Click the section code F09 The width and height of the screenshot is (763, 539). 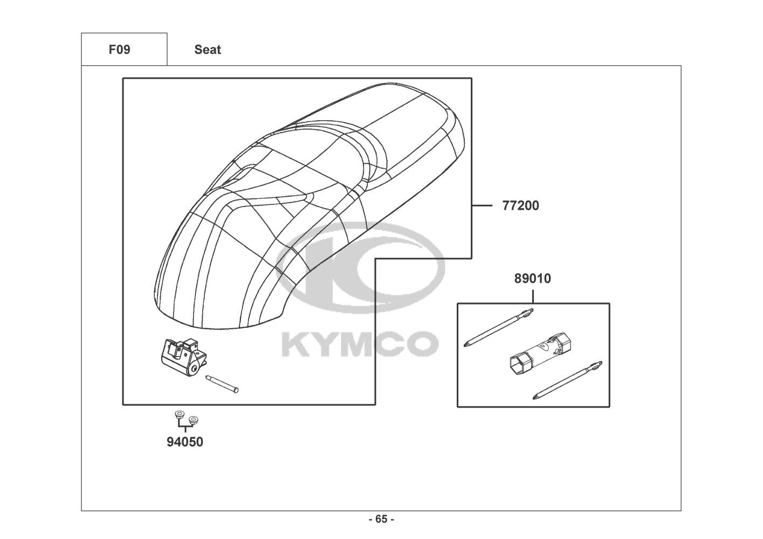[119, 50]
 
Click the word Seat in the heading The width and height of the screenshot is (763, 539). [208, 50]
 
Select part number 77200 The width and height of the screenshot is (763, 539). [520, 206]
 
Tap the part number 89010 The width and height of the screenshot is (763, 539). [532, 279]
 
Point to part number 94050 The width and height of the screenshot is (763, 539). [184, 442]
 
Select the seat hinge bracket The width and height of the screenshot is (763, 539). [183, 357]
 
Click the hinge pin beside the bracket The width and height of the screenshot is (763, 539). [222, 384]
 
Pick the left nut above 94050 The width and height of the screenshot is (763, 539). [178, 414]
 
